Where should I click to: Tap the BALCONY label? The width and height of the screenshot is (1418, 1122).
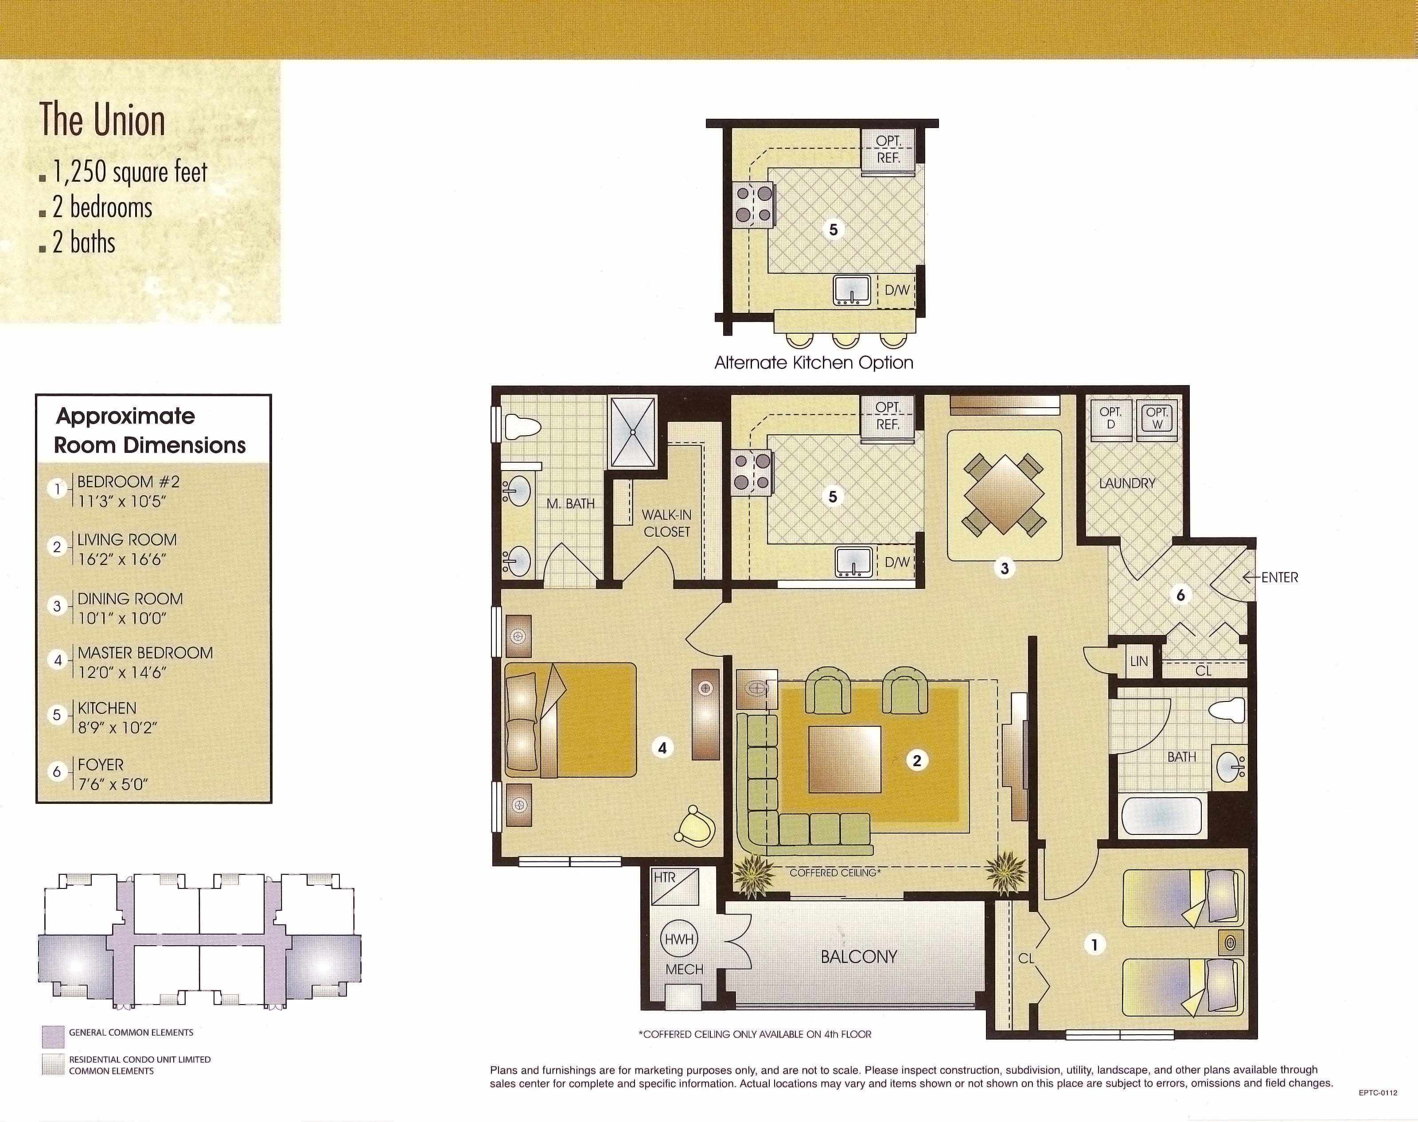click(858, 956)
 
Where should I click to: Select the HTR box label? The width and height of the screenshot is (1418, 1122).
click(664, 878)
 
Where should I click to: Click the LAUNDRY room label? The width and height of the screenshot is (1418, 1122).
click(1127, 483)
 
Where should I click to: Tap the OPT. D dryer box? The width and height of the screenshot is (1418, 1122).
click(1110, 418)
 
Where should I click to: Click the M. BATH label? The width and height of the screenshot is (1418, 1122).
click(570, 504)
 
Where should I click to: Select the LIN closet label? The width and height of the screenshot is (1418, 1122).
click(1139, 661)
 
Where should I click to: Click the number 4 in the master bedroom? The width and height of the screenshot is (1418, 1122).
click(663, 748)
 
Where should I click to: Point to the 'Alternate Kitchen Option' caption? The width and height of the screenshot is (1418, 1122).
click(813, 362)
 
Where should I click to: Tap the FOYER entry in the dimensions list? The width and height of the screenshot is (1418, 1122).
click(110, 774)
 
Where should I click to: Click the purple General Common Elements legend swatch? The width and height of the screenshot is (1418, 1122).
click(53, 1036)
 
